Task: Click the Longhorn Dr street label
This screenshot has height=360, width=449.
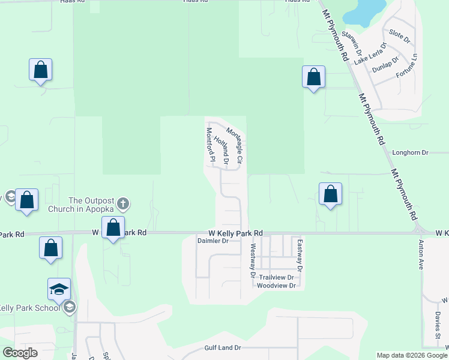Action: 410,152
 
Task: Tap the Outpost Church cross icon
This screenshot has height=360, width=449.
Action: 123,203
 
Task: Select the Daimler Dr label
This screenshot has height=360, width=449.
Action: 213,241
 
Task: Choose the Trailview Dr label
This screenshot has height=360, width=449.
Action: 276,277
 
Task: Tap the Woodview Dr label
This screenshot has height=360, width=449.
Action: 276,286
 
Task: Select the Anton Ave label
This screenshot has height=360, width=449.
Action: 420,254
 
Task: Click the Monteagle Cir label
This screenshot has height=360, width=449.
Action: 234,146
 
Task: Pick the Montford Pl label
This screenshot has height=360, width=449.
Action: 211,145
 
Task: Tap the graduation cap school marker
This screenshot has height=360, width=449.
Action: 59,289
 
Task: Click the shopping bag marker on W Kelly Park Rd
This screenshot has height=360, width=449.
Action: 113,227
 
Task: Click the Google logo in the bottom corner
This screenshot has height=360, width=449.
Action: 20,353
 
